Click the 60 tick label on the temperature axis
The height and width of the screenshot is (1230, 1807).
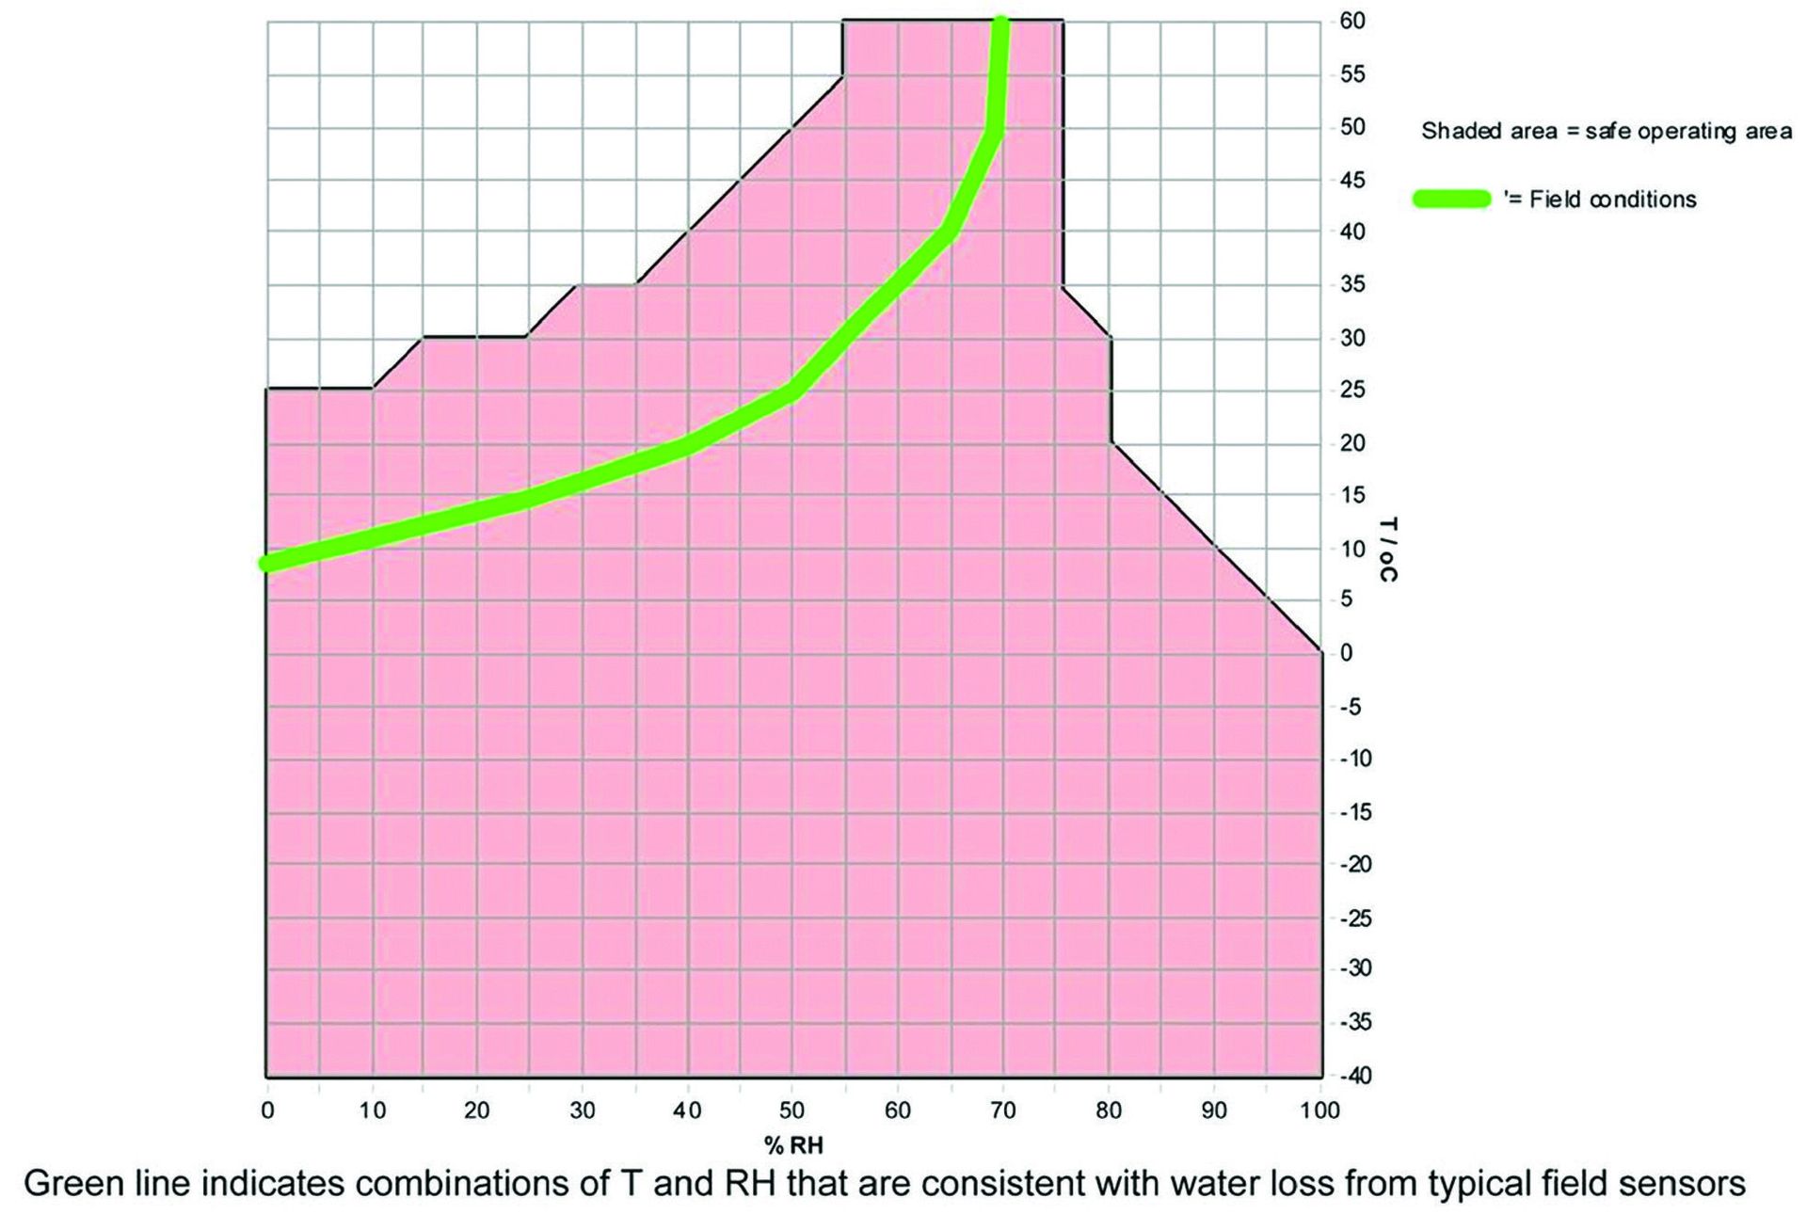click(1352, 21)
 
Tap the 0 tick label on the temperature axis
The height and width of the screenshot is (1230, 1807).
click(1346, 652)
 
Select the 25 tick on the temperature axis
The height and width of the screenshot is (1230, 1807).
click(1352, 390)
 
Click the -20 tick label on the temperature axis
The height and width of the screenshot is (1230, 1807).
click(1355, 864)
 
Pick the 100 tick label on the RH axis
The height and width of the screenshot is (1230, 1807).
click(1320, 1110)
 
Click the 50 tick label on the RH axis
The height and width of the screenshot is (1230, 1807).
click(792, 1110)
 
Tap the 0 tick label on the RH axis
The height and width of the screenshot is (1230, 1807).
click(267, 1110)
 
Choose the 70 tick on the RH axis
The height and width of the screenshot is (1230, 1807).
click(1003, 1110)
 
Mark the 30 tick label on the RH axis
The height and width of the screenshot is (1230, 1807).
click(583, 1110)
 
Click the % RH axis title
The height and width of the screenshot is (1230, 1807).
click(793, 1145)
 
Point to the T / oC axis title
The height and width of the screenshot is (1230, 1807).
click(1386, 549)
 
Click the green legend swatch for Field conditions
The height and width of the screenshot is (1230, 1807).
click(1451, 199)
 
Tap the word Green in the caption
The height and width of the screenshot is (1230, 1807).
click(70, 1183)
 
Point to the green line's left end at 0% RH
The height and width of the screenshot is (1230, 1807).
click(268, 563)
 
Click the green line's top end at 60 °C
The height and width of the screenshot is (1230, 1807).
click(1002, 23)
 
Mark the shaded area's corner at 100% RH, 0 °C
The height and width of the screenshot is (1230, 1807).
click(1320, 651)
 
